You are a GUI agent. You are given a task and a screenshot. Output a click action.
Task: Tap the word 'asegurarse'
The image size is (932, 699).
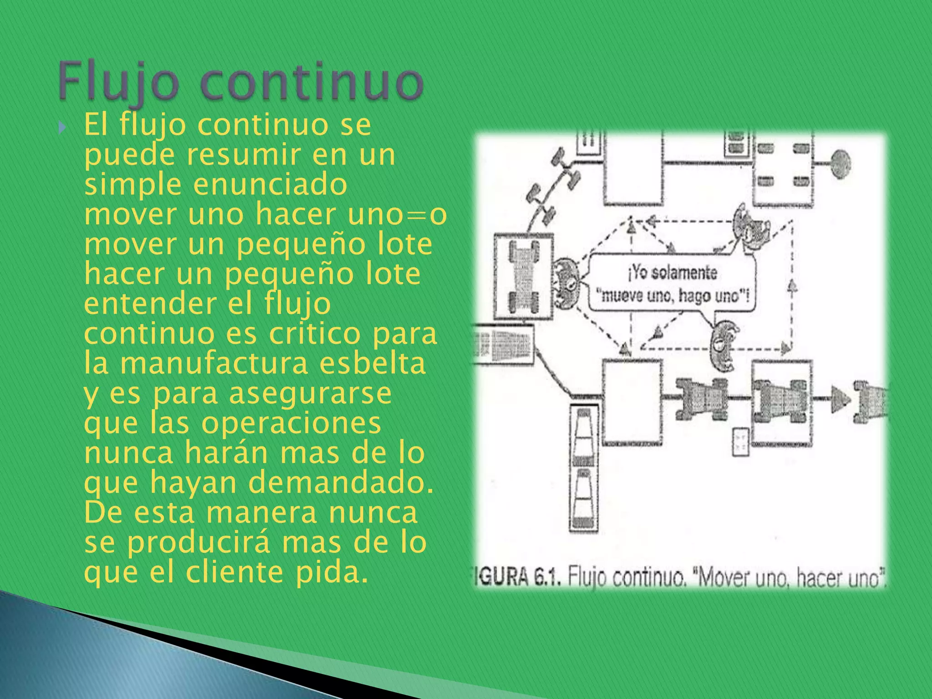click(309, 394)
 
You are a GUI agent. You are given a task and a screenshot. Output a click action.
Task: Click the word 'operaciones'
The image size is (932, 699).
click(291, 423)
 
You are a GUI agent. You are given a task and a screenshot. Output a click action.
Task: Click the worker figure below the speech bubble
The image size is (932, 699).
click(724, 346)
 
